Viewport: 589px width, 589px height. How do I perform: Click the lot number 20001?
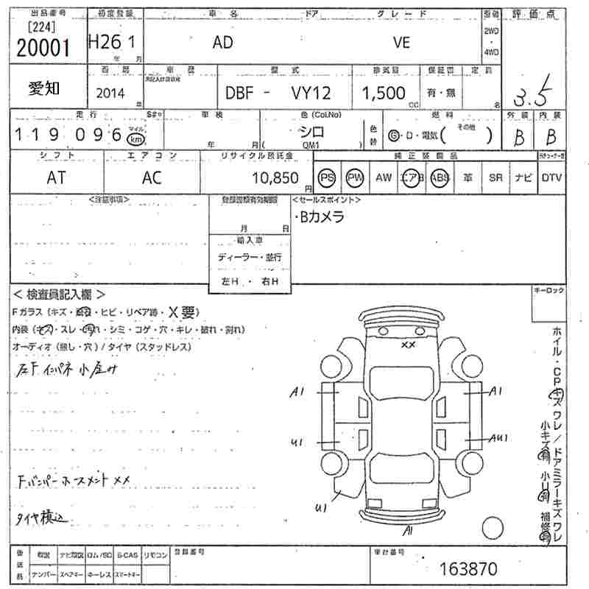43,47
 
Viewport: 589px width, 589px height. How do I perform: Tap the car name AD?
222,43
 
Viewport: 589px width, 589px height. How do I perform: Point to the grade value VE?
401,43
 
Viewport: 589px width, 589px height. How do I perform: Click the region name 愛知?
45,88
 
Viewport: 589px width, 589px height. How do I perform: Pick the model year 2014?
110,94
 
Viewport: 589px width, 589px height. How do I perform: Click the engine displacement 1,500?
384,93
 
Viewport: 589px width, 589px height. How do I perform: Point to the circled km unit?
135,139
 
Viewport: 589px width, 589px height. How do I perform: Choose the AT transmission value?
56,177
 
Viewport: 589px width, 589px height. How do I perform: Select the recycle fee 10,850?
275,178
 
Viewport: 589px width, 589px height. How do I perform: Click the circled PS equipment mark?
327,178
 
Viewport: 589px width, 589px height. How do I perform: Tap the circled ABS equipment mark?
440,178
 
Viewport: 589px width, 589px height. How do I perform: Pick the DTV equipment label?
551,178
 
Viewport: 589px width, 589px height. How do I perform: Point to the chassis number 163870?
468,568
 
